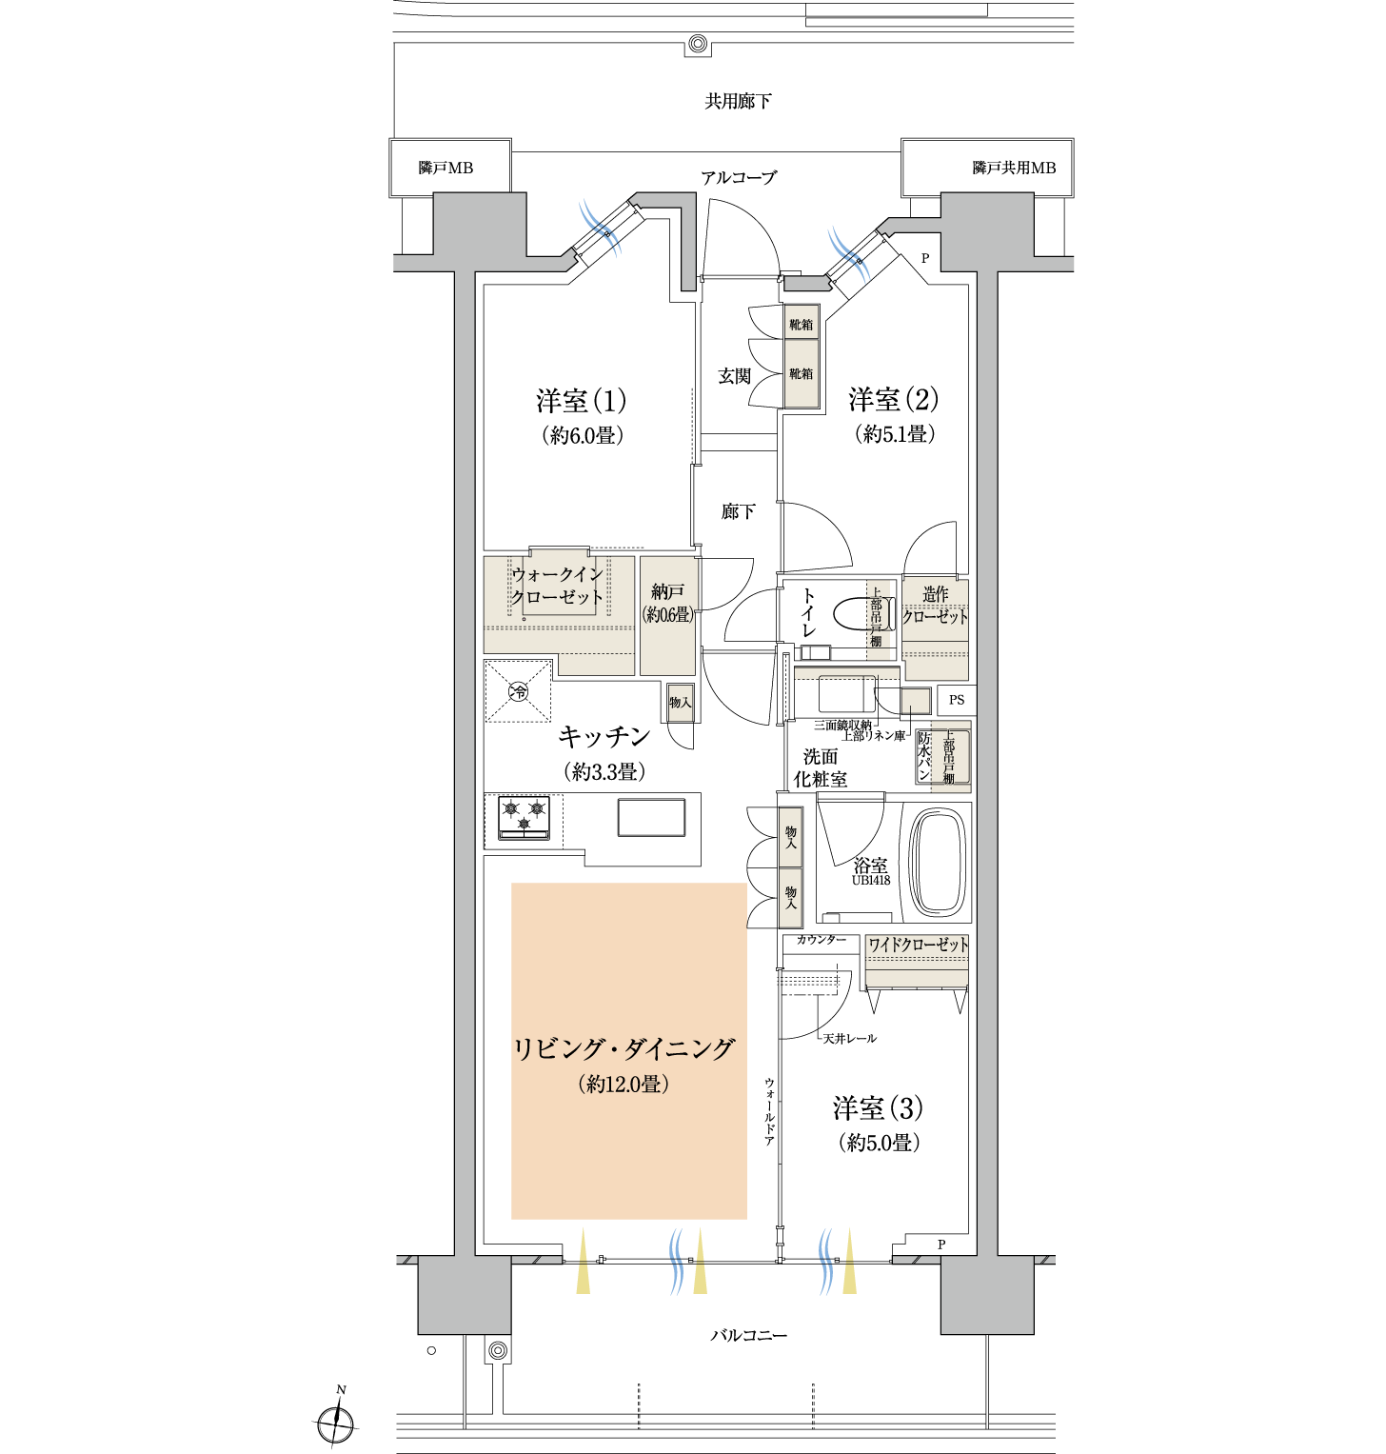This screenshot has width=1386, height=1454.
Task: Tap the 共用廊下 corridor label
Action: pos(738,101)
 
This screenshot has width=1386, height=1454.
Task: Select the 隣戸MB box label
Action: pos(445,168)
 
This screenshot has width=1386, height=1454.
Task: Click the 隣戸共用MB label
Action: pos(1014,168)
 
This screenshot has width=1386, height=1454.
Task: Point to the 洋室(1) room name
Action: pos(581,401)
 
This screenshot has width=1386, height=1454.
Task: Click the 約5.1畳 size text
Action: pos(894,434)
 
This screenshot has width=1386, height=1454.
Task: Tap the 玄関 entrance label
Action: pos(734,376)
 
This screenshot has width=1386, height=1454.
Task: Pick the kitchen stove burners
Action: pos(524,818)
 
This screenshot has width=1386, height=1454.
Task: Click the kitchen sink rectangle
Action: pos(651,817)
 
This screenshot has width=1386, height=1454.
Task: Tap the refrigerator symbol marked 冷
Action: pos(518,691)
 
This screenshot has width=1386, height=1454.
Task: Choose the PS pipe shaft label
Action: pos(957,700)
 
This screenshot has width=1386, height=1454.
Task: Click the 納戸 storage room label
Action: pos(667,592)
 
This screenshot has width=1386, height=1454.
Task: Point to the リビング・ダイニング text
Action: pos(624,1049)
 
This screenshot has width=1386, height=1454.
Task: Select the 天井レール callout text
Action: pos(849,1038)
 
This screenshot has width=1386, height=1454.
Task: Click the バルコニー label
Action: pos(749,1336)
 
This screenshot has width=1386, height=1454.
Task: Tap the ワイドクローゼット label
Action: pos(918,945)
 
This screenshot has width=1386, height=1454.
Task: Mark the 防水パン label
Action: pos(923,756)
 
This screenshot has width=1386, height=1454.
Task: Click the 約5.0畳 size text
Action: pos(879,1143)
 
